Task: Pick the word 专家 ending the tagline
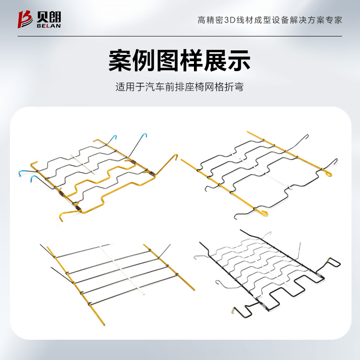pyautogui.click(x=334, y=20)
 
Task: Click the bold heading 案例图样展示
pyautogui.click(x=180, y=61)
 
